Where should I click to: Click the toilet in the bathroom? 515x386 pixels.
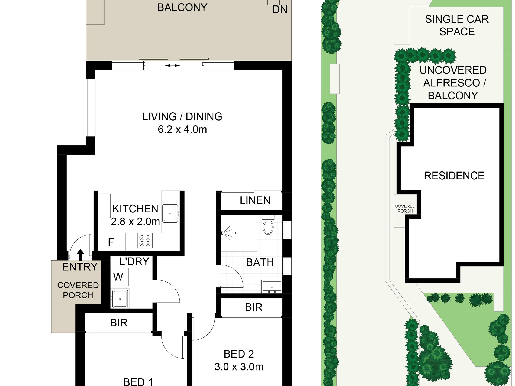[268, 225]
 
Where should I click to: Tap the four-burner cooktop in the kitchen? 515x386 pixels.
[145, 241]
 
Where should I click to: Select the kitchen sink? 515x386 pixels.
[170, 213]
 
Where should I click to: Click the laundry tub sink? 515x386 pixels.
[120, 299]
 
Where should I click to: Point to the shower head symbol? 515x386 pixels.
[227, 233]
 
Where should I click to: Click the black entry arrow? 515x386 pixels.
[80, 255]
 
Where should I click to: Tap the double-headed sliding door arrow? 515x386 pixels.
[172, 66]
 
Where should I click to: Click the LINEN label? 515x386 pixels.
[255, 200]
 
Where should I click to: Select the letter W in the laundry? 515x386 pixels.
[118, 277]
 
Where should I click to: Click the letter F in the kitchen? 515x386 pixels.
[111, 242]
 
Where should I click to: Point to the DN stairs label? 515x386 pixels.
[280, 9]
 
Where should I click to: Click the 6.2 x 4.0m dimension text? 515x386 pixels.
[182, 129]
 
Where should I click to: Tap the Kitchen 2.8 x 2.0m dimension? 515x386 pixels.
[135, 222]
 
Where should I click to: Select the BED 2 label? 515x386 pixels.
[239, 354]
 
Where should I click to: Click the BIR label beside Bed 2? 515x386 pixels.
[254, 307]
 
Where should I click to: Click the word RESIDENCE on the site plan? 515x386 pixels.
[454, 176]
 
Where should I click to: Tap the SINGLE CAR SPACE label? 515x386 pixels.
[457, 25]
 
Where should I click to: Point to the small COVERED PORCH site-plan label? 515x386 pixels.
[405, 209]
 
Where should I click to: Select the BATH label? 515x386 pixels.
[260, 262]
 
